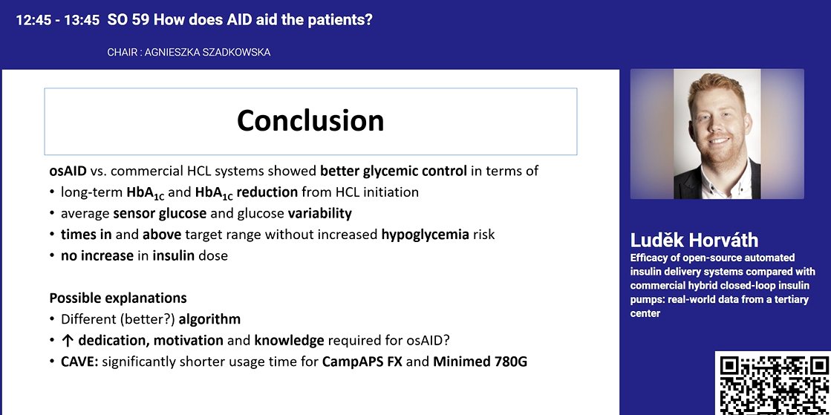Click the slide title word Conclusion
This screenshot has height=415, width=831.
point(310,120)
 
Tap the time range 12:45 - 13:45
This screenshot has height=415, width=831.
point(57,21)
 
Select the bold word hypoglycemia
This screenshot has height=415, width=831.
point(425,235)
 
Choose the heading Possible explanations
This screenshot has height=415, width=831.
point(117,298)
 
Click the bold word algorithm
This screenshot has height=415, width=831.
point(209,320)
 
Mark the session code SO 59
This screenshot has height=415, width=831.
point(125,21)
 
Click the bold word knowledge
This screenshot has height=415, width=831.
point(290,341)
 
